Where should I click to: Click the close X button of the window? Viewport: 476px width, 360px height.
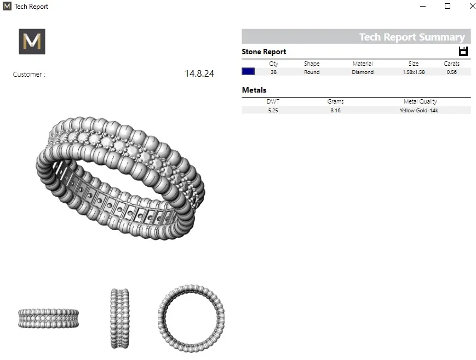click(473, 6)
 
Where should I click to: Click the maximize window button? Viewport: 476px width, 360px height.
click(448, 6)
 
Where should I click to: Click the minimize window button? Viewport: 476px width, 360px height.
click(423, 6)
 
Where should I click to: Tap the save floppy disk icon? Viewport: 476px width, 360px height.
click(463, 52)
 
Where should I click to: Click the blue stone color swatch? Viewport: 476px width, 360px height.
click(248, 71)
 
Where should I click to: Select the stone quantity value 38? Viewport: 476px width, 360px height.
click(273, 72)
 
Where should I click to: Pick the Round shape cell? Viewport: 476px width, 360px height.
click(312, 72)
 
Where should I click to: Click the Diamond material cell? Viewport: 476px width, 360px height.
click(363, 72)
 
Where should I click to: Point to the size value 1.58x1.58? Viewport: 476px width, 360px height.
click(414, 72)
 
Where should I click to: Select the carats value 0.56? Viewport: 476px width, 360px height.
click(452, 72)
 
